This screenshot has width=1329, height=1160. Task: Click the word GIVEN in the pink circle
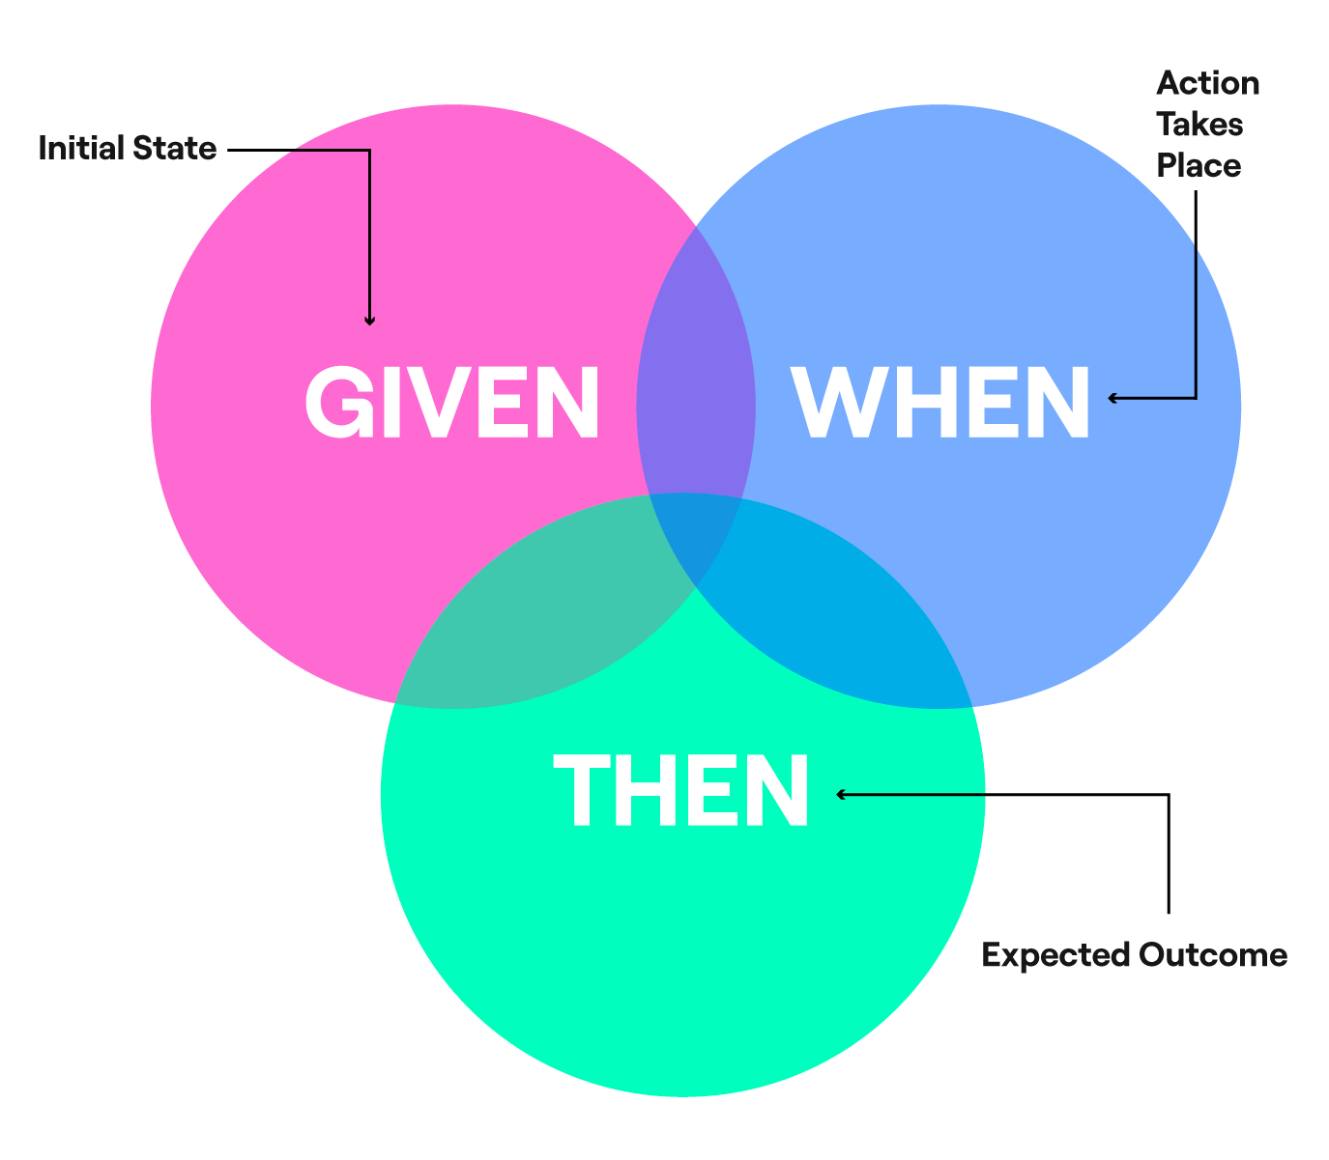[x=452, y=403]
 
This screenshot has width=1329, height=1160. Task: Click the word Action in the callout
[x=1207, y=83]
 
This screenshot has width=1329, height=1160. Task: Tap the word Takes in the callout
[x=1199, y=125]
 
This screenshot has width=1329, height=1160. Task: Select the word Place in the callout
[x=1199, y=166]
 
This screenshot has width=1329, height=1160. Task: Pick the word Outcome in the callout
[x=1213, y=955]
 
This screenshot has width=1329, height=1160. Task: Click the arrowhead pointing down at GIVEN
[x=369, y=320]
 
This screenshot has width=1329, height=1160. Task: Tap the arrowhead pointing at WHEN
[x=1113, y=397]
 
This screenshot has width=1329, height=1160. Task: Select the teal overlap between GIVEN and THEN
[x=541, y=618]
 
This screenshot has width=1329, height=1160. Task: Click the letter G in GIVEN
[x=340, y=403]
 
